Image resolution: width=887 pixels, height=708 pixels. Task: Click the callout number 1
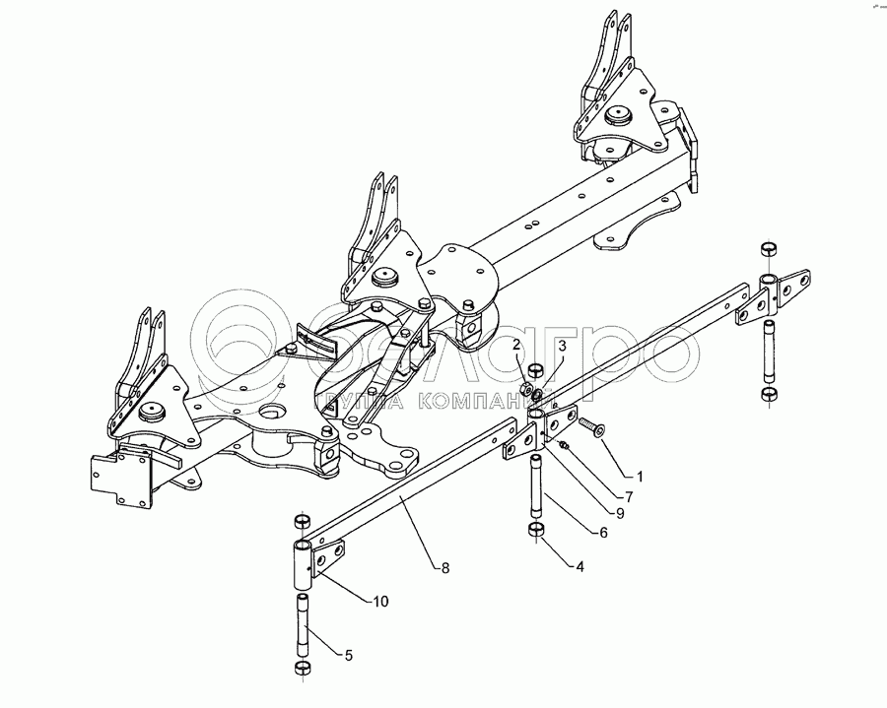click(x=639, y=476)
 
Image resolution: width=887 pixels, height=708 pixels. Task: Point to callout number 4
click(x=578, y=566)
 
